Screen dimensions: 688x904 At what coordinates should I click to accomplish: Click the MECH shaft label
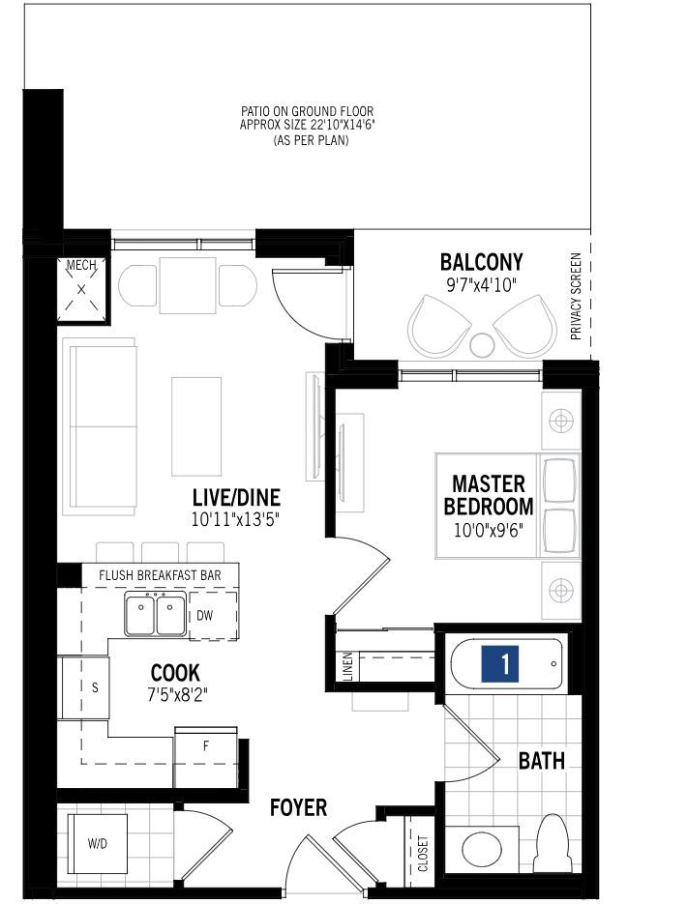coord(81,266)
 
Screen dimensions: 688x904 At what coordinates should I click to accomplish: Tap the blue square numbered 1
coord(500,663)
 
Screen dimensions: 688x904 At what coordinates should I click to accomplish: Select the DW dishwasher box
coord(213,615)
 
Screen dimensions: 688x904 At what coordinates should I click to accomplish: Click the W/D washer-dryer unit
coord(98,843)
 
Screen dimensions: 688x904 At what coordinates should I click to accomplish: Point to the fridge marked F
coord(206,758)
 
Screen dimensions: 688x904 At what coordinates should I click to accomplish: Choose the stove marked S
coord(86,687)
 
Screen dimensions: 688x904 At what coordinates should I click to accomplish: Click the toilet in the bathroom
coord(553,844)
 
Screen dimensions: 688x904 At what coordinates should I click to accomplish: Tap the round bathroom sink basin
coord(481,851)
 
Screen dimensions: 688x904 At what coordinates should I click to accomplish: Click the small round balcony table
coord(482,345)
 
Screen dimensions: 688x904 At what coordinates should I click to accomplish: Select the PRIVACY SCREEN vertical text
coord(576,296)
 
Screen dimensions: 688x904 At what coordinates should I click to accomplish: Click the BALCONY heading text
coord(481,262)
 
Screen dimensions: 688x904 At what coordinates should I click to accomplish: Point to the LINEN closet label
coord(347,666)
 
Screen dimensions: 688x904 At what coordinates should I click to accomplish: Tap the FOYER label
coord(298,807)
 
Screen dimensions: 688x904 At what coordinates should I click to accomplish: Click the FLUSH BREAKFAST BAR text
coord(160,575)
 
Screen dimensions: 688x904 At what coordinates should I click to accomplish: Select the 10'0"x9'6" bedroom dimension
coord(488,530)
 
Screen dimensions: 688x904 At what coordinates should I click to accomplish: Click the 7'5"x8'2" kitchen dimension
coord(177,695)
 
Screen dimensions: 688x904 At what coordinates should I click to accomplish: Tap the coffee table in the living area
coord(196,426)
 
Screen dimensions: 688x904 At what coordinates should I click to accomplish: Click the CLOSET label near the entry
coord(423,854)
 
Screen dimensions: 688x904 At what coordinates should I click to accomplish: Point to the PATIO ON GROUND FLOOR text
coord(307,110)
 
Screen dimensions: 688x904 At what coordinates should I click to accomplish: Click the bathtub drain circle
coord(553,663)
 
